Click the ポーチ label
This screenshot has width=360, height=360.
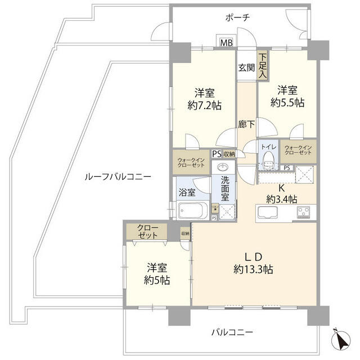[237, 17]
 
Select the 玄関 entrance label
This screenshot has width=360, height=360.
[246, 68]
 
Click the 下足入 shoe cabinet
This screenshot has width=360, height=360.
[263, 64]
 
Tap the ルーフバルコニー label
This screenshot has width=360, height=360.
[117, 176]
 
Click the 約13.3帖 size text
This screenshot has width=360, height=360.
[254, 269]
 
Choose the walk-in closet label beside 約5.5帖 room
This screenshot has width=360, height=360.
[299, 151]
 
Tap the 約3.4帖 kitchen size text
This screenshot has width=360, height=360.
[281, 199]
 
